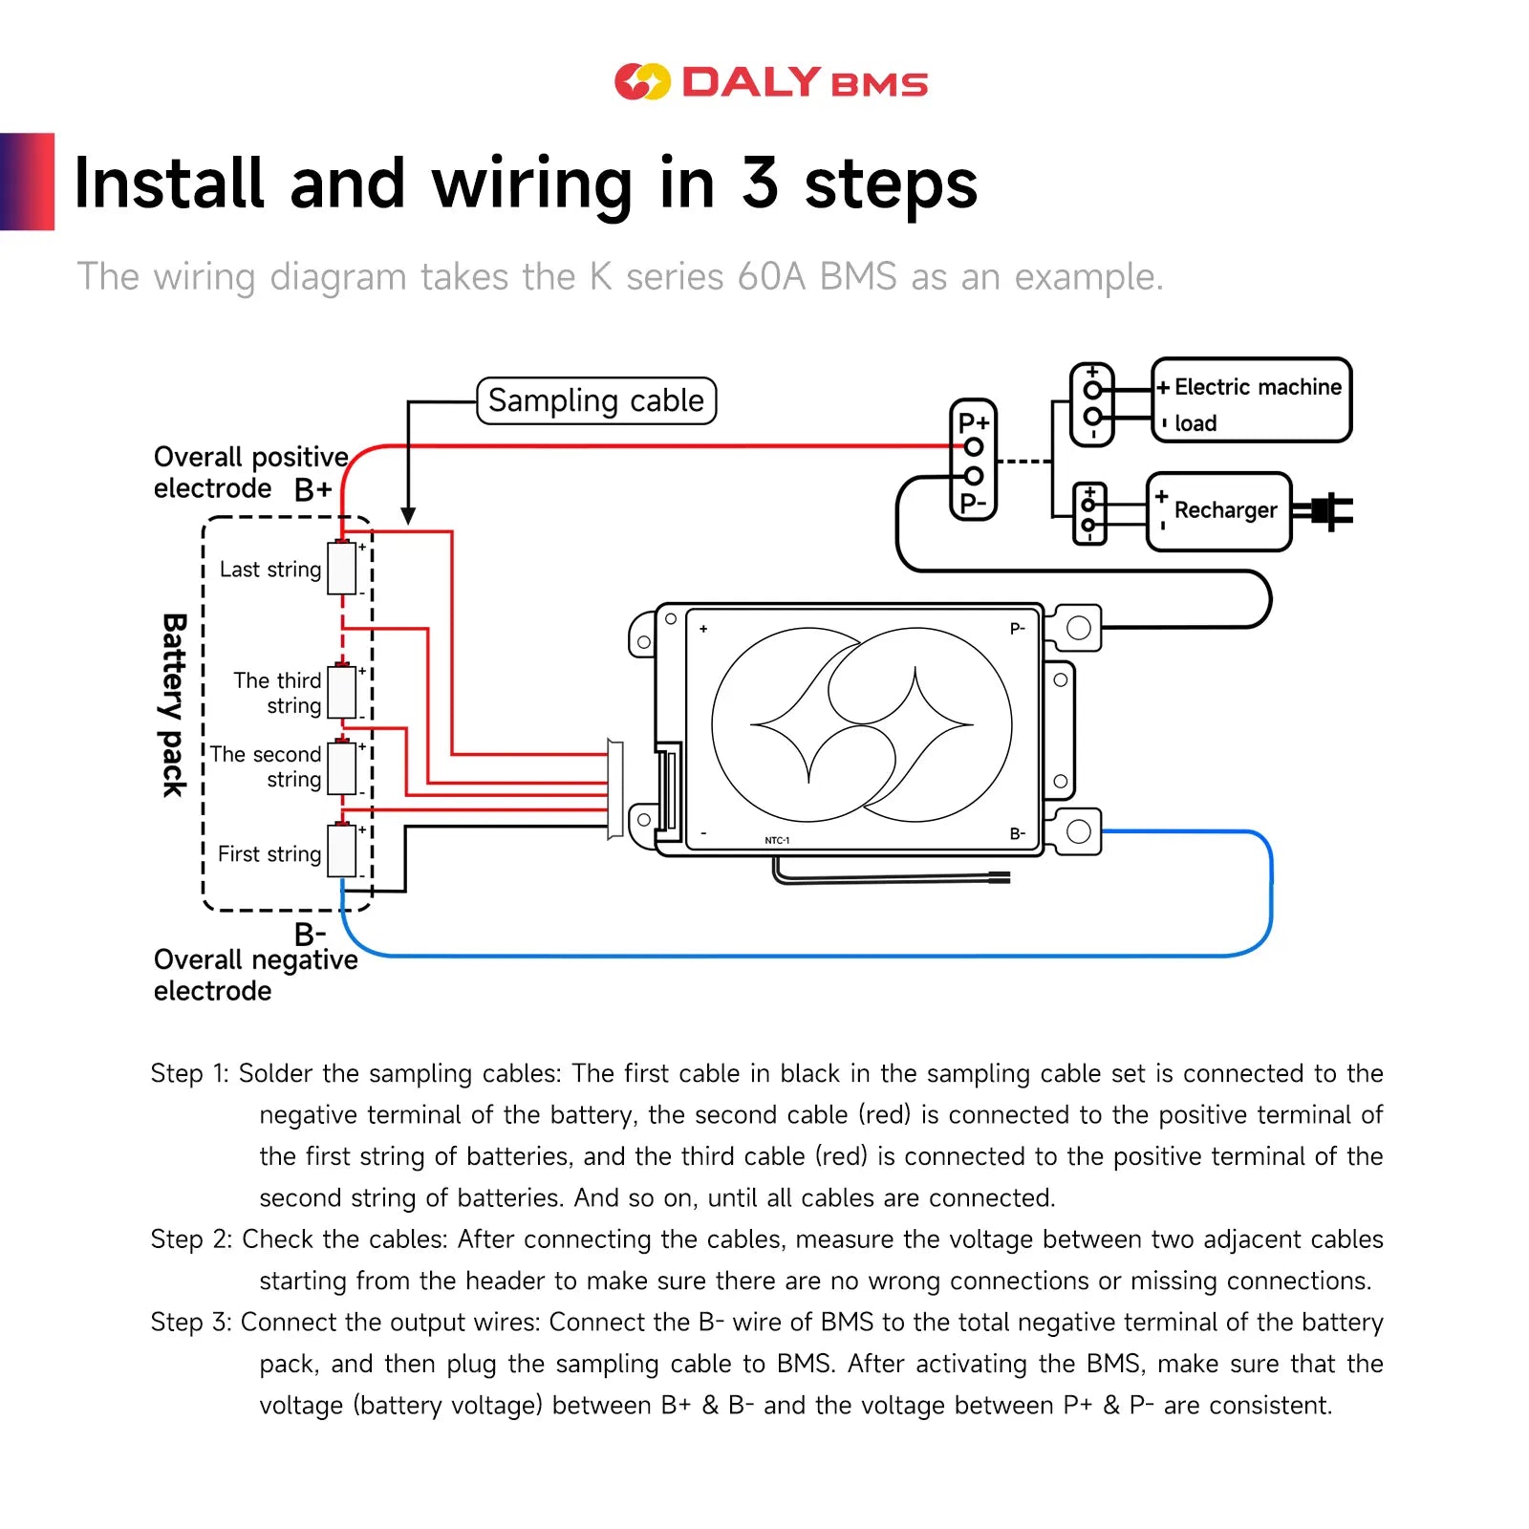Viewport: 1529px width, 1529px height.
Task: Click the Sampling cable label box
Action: (596, 400)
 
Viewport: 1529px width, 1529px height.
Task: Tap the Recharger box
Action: (1218, 511)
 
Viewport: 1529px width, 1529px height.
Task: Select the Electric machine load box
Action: (1251, 400)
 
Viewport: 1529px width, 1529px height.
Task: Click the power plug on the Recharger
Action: (1328, 511)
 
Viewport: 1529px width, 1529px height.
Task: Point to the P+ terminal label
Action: (974, 422)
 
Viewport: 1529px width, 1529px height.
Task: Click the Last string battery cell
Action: (341, 569)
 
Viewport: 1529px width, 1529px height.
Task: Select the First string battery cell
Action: (341, 851)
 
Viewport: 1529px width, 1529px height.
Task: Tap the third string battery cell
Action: (341, 692)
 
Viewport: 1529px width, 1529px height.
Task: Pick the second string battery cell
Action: (341, 767)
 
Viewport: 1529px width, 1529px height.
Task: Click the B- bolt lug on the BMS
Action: (1078, 831)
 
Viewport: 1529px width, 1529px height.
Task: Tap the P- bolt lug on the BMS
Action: (1078, 628)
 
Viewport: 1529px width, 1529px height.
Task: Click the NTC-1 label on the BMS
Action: (777, 841)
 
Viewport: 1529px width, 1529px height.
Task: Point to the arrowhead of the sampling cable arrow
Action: (408, 516)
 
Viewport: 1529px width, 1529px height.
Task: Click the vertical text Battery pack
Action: (173, 705)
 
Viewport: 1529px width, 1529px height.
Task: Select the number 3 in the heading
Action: (761, 183)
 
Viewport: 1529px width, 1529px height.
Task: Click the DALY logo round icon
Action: (642, 82)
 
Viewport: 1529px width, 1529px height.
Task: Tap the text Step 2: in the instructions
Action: (191, 1239)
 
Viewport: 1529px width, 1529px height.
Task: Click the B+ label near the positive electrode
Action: (312, 490)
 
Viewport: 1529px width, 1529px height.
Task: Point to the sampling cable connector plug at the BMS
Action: (615, 789)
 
